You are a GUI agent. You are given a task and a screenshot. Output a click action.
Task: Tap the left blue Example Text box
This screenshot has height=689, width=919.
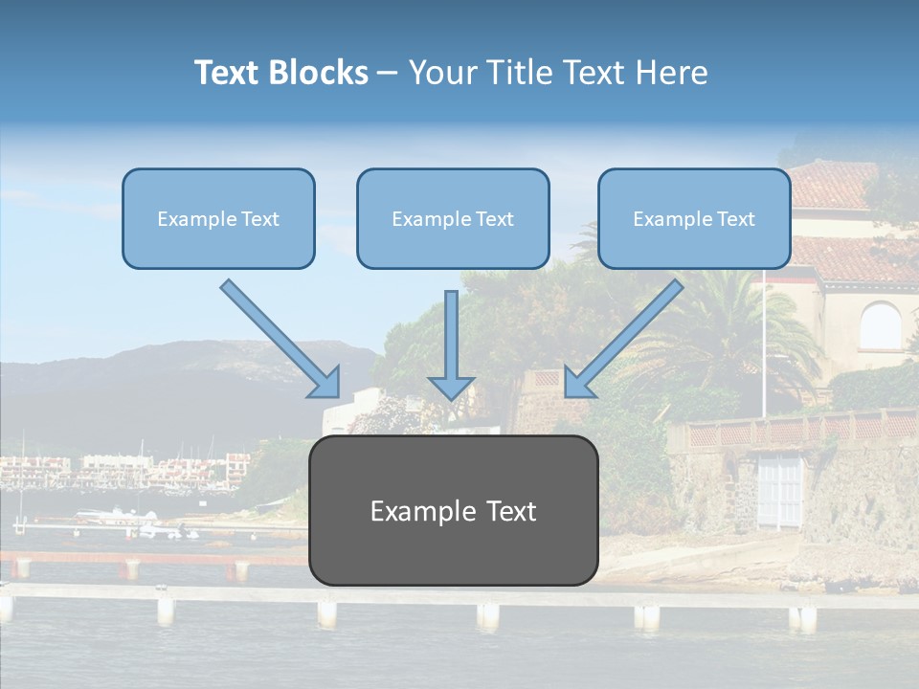coord(218,218)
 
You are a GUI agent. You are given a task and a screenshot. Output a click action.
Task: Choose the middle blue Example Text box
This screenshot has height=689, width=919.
coord(453,218)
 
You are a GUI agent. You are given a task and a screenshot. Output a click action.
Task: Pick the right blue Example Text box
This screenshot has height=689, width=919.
coord(694,218)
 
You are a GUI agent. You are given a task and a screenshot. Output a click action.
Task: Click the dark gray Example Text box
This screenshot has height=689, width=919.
coord(453,510)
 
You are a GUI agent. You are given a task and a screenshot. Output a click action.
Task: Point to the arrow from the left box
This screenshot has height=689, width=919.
coord(280,339)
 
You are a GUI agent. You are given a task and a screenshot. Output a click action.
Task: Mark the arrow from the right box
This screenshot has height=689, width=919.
coord(623,339)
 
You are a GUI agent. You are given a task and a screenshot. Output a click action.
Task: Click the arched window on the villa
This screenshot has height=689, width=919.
coord(880,326)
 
